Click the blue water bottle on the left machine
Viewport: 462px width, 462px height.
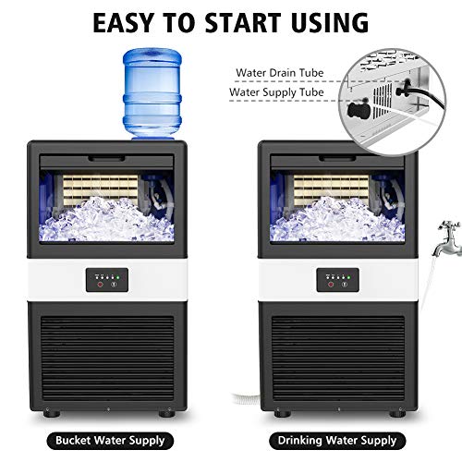click(152, 92)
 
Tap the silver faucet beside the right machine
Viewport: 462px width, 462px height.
click(447, 231)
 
